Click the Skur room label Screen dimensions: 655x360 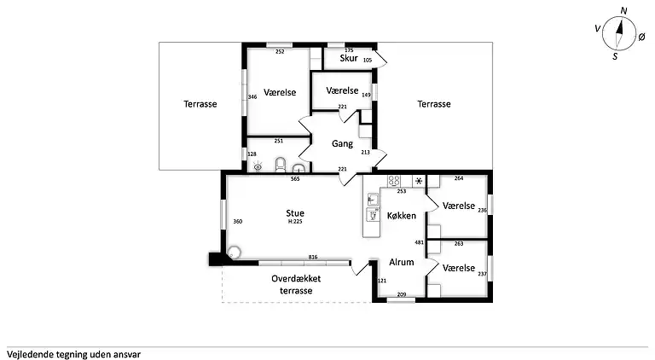pos(348,58)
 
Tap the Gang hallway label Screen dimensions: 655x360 pos(342,143)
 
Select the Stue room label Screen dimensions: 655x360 pos(295,213)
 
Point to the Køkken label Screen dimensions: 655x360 pos(402,216)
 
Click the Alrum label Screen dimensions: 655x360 pos(402,262)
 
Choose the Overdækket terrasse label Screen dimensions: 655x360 pos(296,284)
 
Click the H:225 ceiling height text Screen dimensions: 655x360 pos(295,222)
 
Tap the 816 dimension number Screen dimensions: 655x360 pos(313,258)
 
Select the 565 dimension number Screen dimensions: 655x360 pos(295,179)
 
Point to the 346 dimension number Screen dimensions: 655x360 pos(252,97)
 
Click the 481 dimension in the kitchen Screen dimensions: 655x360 pos(419,242)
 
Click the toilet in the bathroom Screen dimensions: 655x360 pos(281,165)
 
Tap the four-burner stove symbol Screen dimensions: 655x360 pos(394,181)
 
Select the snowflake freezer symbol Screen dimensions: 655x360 pos(419,181)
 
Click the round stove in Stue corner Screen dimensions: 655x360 pos(234,253)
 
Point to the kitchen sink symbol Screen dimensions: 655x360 pos(372,200)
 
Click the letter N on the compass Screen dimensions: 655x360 pos(623,11)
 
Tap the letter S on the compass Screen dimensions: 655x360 pos(615,56)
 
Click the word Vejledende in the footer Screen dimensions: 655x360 pos(29,355)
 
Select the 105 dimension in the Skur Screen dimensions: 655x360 pos(368,60)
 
